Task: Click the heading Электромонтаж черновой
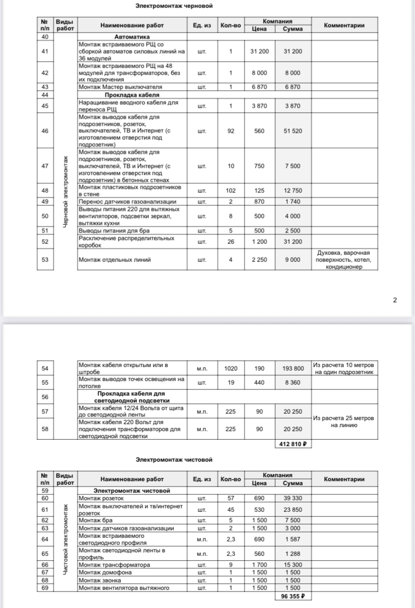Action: click(x=174, y=6)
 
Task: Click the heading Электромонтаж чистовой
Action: click(x=174, y=459)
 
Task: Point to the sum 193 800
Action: click(x=292, y=368)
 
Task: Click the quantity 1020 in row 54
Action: click(x=231, y=368)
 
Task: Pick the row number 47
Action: click(x=45, y=166)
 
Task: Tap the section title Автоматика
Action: click(x=132, y=37)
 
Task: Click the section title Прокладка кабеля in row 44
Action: click(x=132, y=94)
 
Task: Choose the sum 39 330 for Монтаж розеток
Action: click(x=292, y=498)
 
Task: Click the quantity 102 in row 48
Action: click(x=231, y=191)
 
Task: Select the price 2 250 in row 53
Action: click(x=259, y=259)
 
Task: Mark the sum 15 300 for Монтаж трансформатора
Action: click(x=292, y=565)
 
